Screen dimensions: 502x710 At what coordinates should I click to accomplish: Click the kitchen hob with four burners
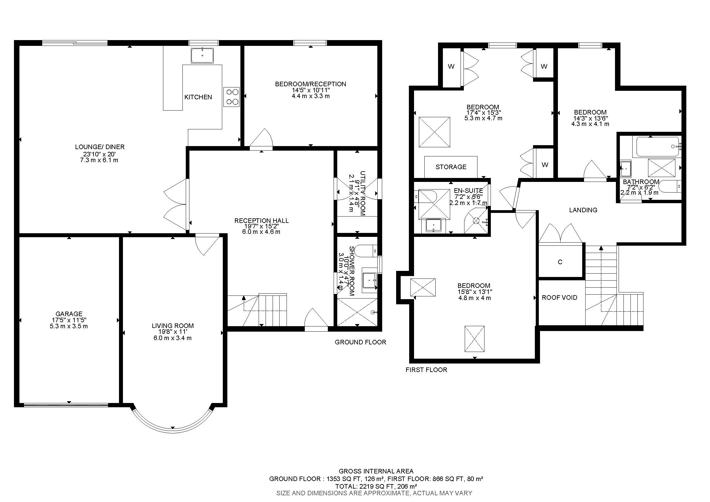[x=232, y=97]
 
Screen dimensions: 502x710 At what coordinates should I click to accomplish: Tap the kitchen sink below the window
[x=202, y=56]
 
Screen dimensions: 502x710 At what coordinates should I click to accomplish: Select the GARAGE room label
[x=69, y=314]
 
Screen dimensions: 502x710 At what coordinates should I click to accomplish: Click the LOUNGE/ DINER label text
[x=100, y=147]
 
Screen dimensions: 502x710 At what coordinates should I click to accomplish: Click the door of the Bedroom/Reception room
[x=262, y=139]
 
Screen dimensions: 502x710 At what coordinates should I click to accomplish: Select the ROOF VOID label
[x=559, y=298]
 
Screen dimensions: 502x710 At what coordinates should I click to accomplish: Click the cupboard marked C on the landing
[x=560, y=262]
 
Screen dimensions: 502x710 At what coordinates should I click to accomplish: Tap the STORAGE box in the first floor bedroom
[x=451, y=167]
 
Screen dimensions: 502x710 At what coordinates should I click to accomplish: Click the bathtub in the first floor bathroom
[x=658, y=147]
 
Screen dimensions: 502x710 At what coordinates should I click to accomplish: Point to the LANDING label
[x=583, y=210]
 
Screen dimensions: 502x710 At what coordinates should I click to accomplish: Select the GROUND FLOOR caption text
[x=360, y=342]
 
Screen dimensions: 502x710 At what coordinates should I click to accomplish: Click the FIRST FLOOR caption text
[x=426, y=370]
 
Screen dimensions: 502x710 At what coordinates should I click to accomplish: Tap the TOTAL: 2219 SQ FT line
[x=376, y=486]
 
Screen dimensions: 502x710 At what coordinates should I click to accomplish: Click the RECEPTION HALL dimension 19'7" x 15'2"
[x=261, y=226]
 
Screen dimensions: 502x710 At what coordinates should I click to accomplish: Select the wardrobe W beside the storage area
[x=545, y=165]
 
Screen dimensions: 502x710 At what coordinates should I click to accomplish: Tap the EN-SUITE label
[x=468, y=191]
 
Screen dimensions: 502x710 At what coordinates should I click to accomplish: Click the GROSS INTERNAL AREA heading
[x=376, y=471]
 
